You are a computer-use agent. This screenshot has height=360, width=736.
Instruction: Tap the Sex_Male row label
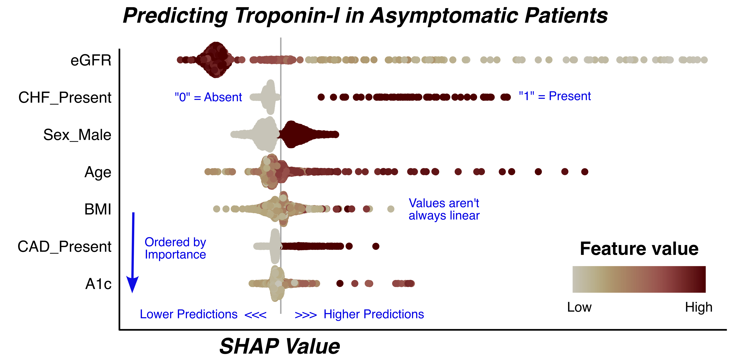coord(77,135)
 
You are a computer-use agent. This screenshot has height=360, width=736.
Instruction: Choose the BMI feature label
coord(98,209)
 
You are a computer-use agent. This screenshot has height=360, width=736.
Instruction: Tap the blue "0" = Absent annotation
coord(208,97)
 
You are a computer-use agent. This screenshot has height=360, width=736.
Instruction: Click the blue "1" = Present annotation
coord(555,96)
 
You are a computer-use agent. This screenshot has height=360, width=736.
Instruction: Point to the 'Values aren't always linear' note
coord(444,209)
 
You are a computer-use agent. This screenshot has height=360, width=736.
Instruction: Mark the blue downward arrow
coord(133,253)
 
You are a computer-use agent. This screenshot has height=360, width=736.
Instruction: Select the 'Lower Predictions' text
coord(189,314)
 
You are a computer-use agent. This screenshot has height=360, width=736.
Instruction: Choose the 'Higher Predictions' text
coord(374,314)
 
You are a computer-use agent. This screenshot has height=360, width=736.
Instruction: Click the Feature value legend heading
coord(639,249)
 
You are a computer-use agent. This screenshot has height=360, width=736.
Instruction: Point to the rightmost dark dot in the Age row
coord(585,172)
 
